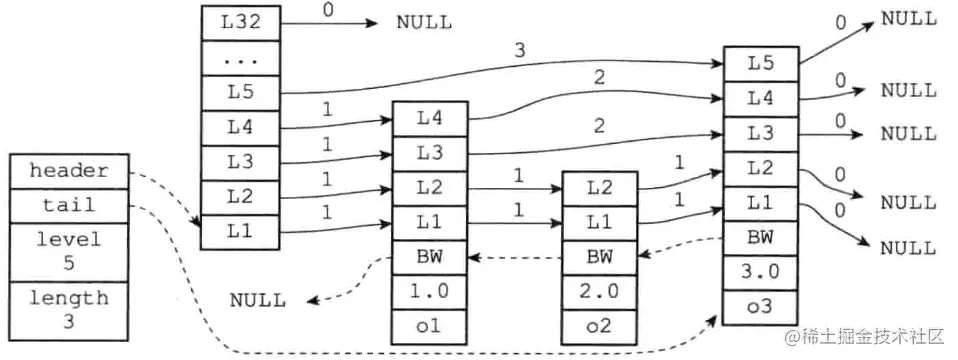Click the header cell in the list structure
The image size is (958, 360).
(x=68, y=171)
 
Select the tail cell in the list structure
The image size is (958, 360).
(x=68, y=205)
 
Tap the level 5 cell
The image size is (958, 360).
(x=68, y=252)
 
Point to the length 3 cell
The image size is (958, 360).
(x=68, y=310)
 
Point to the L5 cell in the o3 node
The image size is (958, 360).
(x=760, y=63)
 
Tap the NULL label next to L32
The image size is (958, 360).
(x=423, y=21)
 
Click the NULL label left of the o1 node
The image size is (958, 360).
(x=257, y=299)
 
